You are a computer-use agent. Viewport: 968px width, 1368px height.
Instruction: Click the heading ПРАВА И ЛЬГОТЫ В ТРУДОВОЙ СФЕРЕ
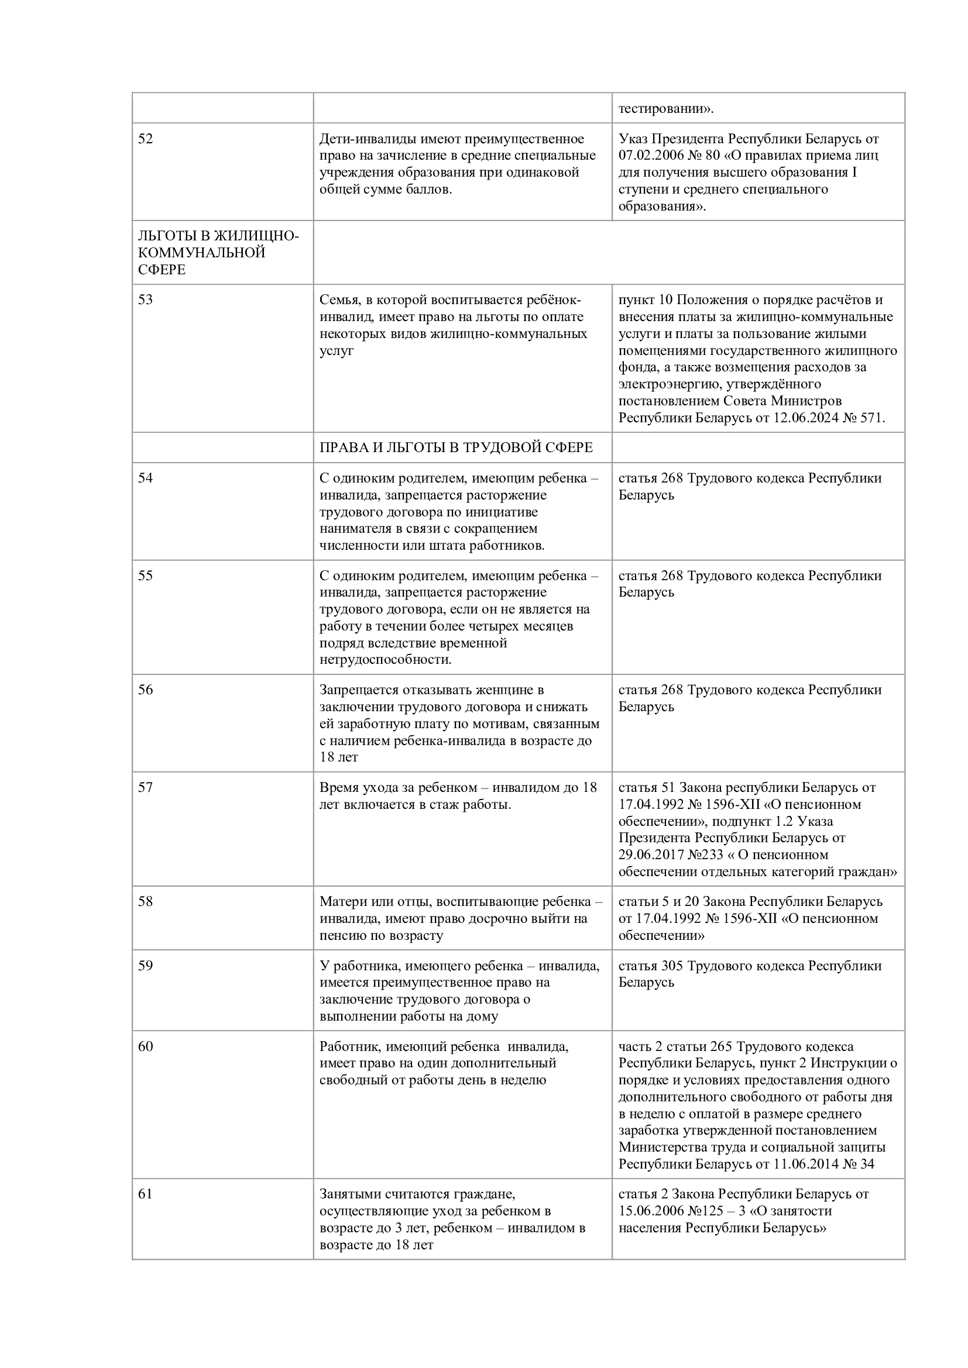(456, 447)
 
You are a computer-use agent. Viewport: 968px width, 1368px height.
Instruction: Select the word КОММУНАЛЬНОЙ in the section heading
(201, 253)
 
